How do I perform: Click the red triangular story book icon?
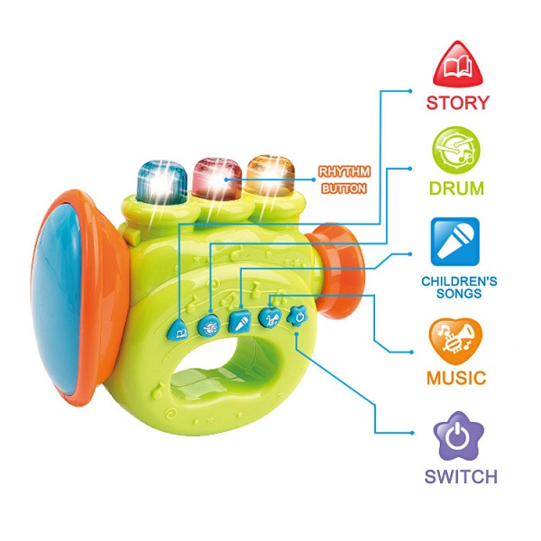pyautogui.click(x=457, y=64)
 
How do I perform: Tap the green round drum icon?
pyautogui.click(x=456, y=150)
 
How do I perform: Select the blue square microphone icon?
pyautogui.click(x=455, y=242)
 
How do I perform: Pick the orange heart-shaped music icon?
pyautogui.click(x=455, y=341)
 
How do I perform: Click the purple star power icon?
pyautogui.click(x=459, y=436)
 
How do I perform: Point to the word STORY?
pyautogui.click(x=458, y=103)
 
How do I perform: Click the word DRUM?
pyautogui.click(x=456, y=188)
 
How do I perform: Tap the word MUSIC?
pyautogui.click(x=456, y=378)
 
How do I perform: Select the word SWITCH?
pyautogui.click(x=461, y=476)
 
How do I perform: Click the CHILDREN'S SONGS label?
pyautogui.click(x=459, y=287)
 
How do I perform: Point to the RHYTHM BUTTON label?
pyautogui.click(x=344, y=180)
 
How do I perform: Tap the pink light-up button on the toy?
pyautogui.click(x=216, y=179)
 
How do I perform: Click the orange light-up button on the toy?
pyautogui.click(x=270, y=177)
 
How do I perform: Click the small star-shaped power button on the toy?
pyautogui.click(x=298, y=316)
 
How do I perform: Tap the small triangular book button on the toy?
pyautogui.click(x=179, y=330)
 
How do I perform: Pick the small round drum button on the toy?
pyautogui.click(x=209, y=325)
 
